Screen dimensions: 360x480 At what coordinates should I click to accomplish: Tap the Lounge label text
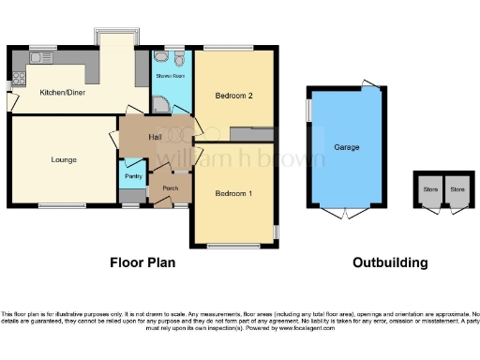coord(64,159)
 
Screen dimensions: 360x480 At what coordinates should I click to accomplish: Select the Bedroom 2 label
coord(234,96)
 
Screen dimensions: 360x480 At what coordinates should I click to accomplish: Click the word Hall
coord(156,137)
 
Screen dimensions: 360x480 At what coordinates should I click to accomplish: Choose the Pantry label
coord(134,175)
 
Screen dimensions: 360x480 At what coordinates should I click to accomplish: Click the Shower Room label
coord(170,74)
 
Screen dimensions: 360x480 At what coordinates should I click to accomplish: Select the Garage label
coord(346,147)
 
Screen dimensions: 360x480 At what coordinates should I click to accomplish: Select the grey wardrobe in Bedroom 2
coord(251,134)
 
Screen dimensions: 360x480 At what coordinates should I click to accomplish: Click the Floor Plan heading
coord(142,262)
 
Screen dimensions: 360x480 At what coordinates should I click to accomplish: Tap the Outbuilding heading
coord(390,262)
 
